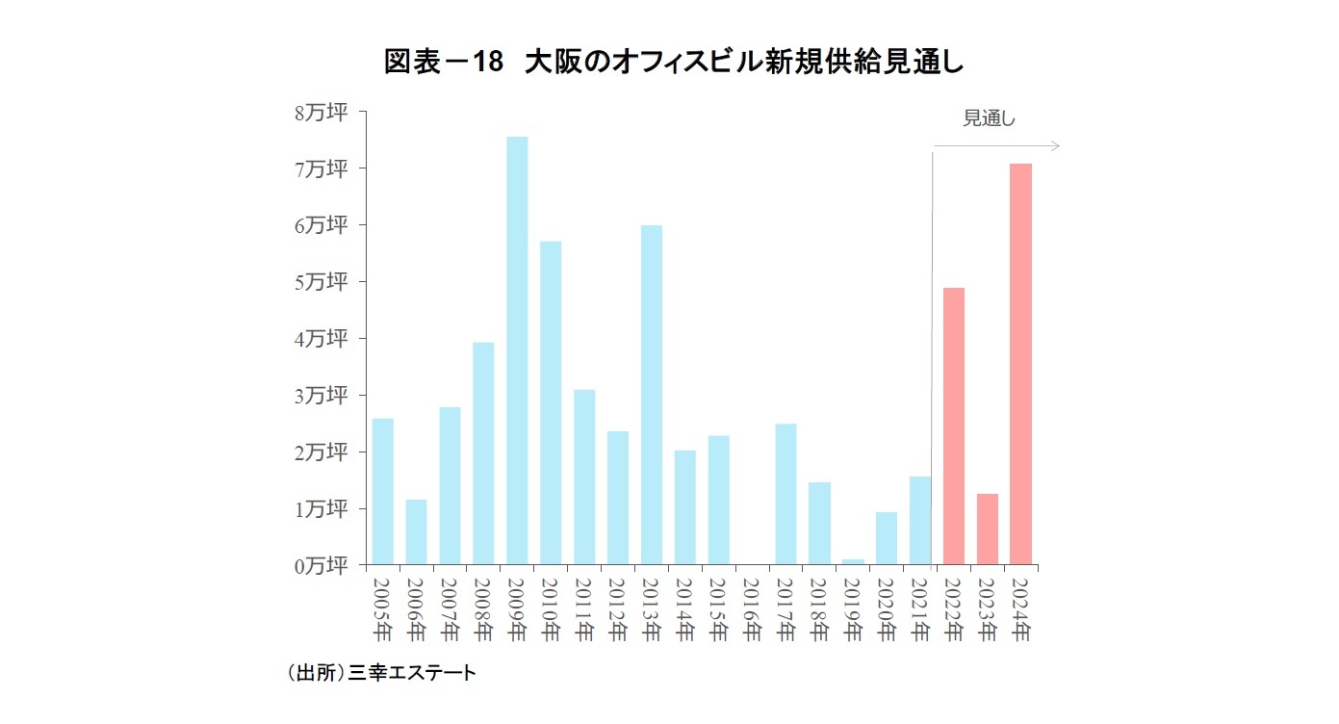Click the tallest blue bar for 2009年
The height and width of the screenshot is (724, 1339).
click(517, 350)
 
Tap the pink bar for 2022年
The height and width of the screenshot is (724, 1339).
click(953, 426)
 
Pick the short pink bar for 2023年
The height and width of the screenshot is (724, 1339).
click(987, 529)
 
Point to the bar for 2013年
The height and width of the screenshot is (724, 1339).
click(651, 395)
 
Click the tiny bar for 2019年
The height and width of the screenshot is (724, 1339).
click(853, 561)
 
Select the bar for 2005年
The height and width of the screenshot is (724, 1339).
click(382, 491)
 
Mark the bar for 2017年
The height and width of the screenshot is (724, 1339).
click(785, 494)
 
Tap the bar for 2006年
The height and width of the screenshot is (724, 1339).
click(416, 531)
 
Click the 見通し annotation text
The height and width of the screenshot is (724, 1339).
click(990, 119)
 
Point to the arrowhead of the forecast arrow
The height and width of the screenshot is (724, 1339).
click(1055, 146)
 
